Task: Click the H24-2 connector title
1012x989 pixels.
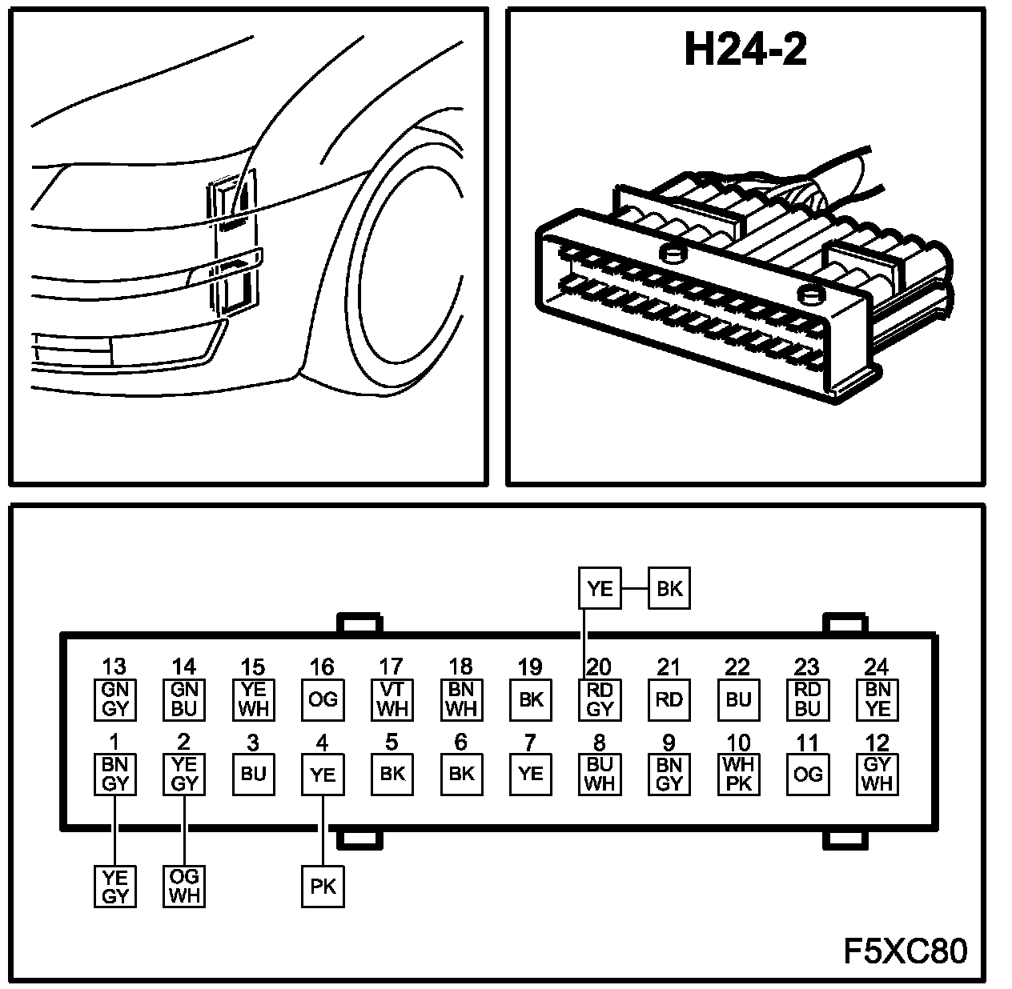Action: click(745, 51)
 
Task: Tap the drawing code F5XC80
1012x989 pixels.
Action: click(905, 951)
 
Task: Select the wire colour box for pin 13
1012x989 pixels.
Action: click(115, 699)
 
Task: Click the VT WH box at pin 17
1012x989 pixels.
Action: click(392, 699)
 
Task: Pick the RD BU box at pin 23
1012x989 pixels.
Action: click(808, 699)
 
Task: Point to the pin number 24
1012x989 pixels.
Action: click(877, 667)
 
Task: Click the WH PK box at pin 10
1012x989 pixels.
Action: click(738, 774)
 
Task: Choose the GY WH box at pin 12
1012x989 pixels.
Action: click(877, 774)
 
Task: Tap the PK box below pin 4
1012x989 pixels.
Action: click(323, 887)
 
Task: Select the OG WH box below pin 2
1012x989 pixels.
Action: click(184, 887)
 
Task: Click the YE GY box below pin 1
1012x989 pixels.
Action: click(115, 887)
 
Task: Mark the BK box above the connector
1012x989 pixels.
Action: click(669, 590)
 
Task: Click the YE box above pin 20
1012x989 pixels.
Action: click(599, 590)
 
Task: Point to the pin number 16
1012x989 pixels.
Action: click(323, 667)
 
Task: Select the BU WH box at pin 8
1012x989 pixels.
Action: click(599, 774)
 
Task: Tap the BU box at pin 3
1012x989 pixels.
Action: click(253, 774)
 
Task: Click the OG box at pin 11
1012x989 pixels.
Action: click(808, 774)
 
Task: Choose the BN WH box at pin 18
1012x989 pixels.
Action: click(461, 699)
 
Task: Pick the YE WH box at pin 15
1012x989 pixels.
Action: click(253, 699)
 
